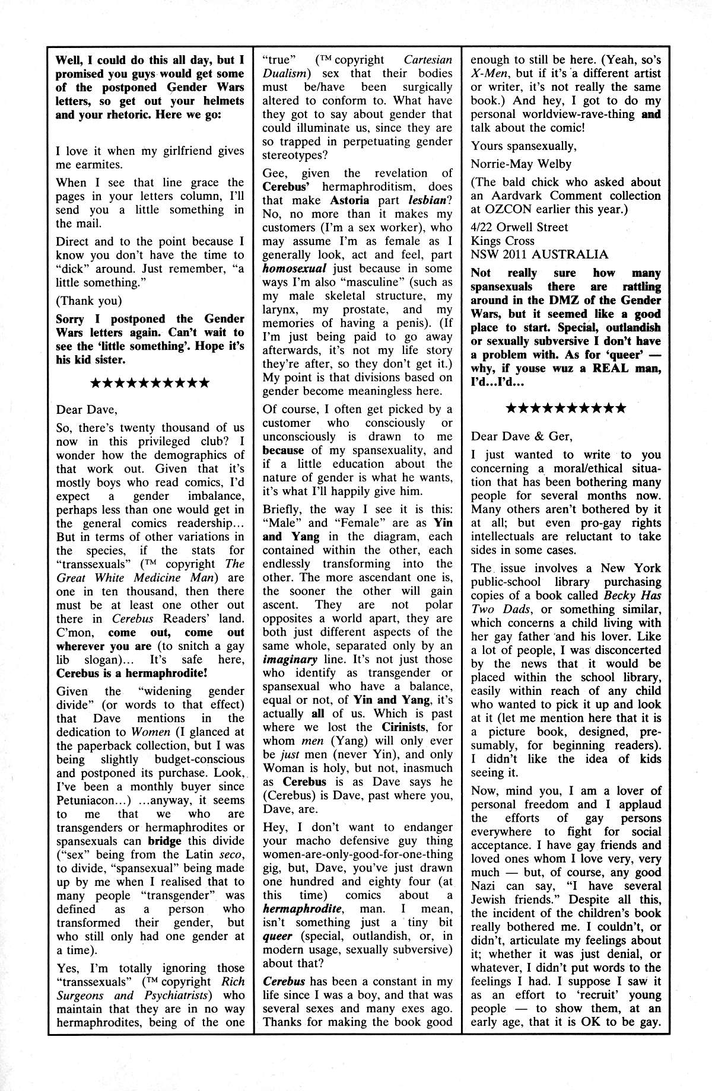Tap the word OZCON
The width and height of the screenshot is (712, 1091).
(514, 209)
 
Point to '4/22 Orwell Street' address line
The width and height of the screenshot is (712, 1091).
(519, 227)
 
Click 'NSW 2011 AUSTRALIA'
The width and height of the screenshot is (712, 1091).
(539, 255)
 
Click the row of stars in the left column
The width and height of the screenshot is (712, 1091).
(150, 383)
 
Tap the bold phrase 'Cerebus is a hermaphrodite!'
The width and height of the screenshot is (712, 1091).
(132, 673)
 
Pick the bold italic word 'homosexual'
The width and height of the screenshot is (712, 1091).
(291, 269)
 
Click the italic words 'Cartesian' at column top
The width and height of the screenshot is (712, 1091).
(428, 60)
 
